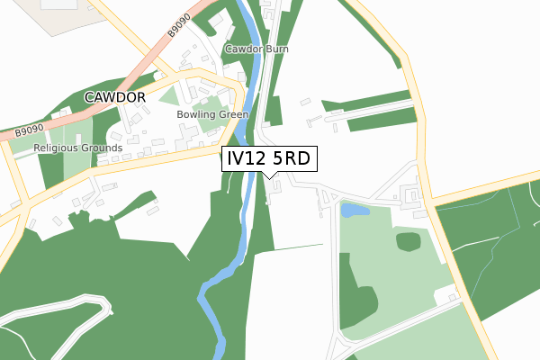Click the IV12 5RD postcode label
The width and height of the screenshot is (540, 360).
[x=267, y=159]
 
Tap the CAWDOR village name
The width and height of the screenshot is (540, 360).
[x=115, y=96]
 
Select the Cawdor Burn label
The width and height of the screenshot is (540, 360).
[x=255, y=49]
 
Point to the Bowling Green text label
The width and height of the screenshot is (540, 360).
[x=212, y=115]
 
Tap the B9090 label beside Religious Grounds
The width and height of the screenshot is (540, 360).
[x=30, y=132]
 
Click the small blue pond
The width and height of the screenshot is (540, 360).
[x=354, y=211]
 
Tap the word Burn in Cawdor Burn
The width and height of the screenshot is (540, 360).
[x=274, y=49]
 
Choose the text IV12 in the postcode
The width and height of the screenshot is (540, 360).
[x=246, y=159]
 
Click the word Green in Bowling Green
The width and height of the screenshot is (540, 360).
[x=233, y=115]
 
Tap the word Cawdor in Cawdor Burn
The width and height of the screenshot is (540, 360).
[x=242, y=49]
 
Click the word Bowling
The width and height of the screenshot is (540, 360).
[x=195, y=115]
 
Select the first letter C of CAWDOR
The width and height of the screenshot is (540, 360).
[x=90, y=96]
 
